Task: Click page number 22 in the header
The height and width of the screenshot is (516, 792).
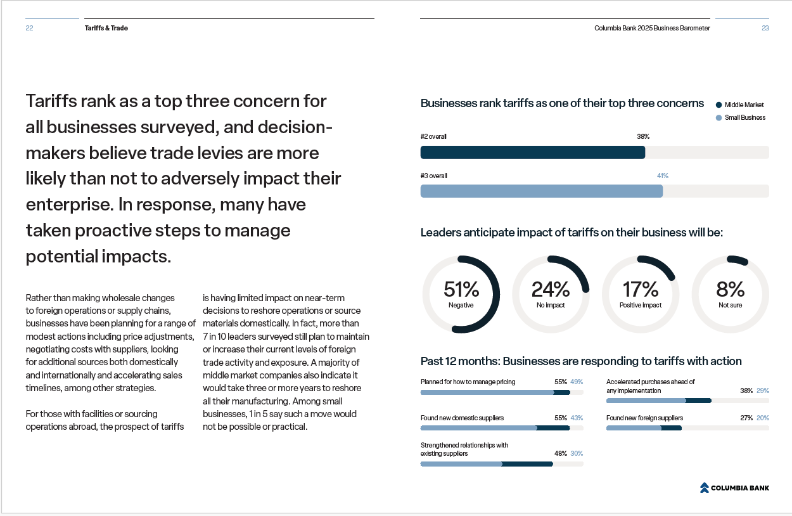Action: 29,28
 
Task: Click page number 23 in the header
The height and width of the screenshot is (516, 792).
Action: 765,28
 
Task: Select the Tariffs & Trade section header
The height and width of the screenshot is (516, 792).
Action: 106,28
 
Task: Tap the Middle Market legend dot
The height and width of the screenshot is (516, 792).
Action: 719,105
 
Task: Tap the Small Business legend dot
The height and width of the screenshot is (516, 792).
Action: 719,118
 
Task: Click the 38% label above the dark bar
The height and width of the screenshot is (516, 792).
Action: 642,136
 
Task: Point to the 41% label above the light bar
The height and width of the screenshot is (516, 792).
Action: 662,176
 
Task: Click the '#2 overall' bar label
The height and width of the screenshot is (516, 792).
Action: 433,136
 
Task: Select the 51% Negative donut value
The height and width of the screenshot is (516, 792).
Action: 461,290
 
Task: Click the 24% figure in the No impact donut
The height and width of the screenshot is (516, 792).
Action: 551,290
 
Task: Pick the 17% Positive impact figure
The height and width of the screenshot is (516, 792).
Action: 641,290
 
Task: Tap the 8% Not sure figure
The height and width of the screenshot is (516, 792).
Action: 730,290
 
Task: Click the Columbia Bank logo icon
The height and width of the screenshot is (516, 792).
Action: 704,487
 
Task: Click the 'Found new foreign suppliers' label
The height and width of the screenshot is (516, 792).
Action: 644,418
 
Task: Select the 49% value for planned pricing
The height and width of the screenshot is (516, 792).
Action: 576,382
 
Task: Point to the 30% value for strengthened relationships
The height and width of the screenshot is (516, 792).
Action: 576,454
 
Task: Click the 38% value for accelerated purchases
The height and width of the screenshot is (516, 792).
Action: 746,391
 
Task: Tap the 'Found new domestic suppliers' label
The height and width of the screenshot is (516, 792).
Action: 462,418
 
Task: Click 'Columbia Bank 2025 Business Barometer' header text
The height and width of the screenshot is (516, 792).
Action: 652,28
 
